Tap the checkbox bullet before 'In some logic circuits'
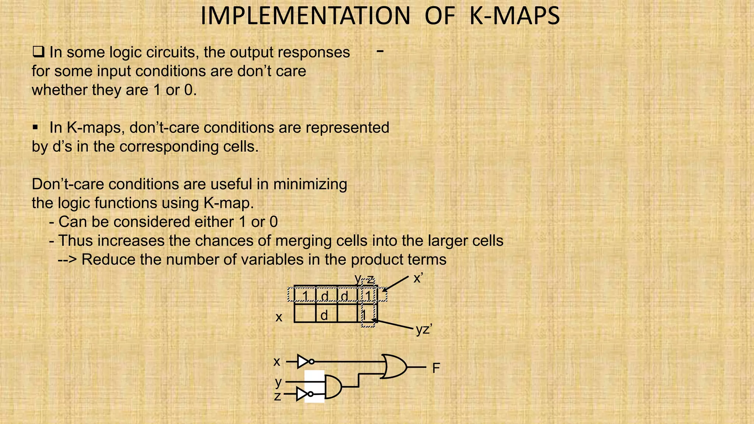point(38,52)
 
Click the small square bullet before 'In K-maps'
point(35,128)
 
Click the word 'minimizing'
point(310,184)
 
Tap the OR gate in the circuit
point(394,367)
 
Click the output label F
point(436,368)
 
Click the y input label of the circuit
point(278,382)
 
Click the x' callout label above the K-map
point(418,278)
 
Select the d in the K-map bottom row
point(324,315)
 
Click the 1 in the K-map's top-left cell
point(305,296)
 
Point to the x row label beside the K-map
point(279,317)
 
